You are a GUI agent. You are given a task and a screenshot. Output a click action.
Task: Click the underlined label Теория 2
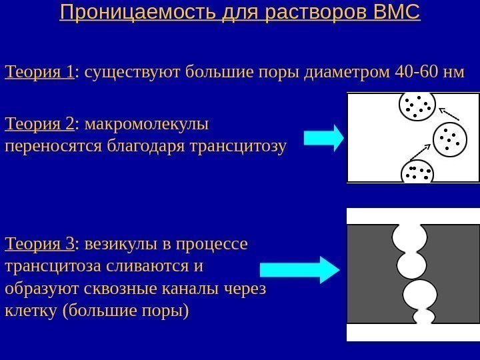39,124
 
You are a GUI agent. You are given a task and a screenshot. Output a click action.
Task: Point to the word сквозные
116,289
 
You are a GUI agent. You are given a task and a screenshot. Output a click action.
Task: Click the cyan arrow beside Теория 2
324,137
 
